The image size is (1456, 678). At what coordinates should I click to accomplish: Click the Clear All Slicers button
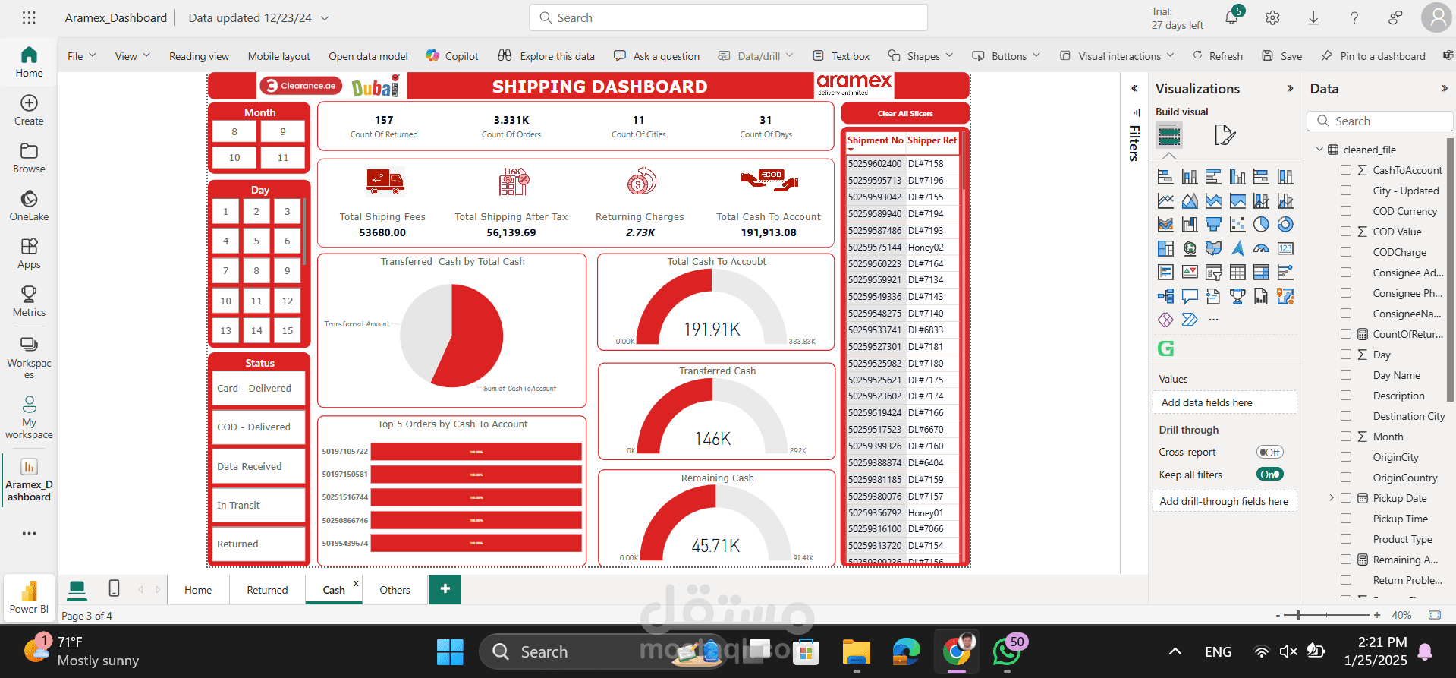pyautogui.click(x=904, y=114)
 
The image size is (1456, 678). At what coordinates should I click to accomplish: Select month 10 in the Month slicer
pyautogui.click(x=234, y=158)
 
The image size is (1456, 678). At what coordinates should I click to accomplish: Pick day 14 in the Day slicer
pyautogui.click(x=256, y=331)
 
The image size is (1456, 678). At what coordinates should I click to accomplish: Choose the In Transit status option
pyautogui.click(x=258, y=506)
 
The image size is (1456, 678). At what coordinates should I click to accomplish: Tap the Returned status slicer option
pyautogui.click(x=258, y=544)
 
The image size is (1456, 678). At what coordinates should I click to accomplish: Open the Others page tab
pyautogui.click(x=395, y=590)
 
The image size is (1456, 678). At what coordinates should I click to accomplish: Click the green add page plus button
pyautogui.click(x=445, y=589)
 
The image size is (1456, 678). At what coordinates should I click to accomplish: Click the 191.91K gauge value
pyautogui.click(x=712, y=330)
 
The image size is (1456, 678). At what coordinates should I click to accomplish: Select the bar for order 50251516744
pyautogui.click(x=476, y=497)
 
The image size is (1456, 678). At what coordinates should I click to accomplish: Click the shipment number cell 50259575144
pyautogui.click(x=875, y=248)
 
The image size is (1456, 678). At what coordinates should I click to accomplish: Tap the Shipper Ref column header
pyautogui.click(x=932, y=140)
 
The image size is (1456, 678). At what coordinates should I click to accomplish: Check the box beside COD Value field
pyautogui.click(x=1346, y=232)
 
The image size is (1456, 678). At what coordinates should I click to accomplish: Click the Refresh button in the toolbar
pyautogui.click(x=1218, y=56)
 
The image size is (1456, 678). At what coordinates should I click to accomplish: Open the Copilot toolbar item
pyautogui.click(x=452, y=56)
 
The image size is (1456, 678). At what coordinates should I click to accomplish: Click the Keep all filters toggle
pyautogui.click(x=1269, y=475)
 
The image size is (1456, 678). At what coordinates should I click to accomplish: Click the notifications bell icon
pyautogui.click(x=1231, y=18)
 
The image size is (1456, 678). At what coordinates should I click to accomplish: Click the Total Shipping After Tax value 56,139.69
pyautogui.click(x=511, y=233)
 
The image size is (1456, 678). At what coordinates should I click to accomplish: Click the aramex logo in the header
pyautogui.click(x=854, y=84)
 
